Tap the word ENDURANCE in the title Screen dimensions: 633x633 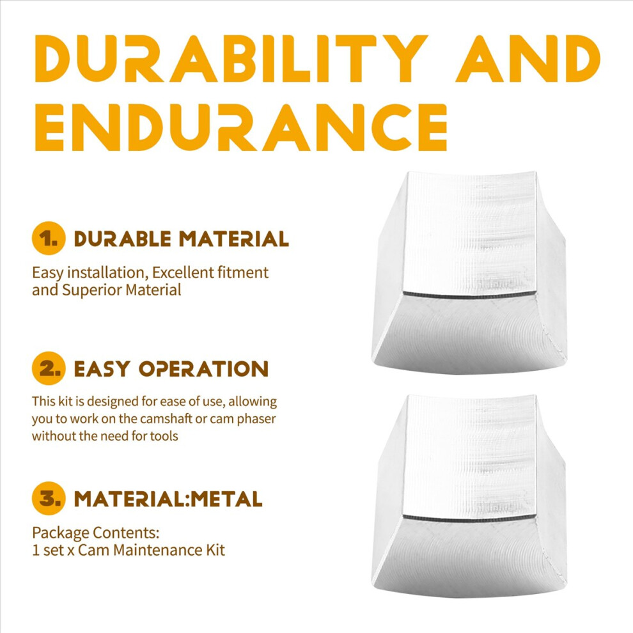[241, 127]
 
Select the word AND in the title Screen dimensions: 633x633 [528, 59]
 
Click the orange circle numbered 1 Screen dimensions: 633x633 [49, 238]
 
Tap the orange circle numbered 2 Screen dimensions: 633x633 [49, 368]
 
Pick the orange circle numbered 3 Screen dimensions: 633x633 [49, 498]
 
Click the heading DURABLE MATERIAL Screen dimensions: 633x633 [181, 238]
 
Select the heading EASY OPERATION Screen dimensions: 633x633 [171, 368]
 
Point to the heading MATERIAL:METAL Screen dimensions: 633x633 [168, 499]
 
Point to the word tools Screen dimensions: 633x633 [164, 436]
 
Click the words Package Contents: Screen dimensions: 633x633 [96, 533]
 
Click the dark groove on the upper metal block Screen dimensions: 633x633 [469, 294]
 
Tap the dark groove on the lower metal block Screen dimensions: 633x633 [469, 517]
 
